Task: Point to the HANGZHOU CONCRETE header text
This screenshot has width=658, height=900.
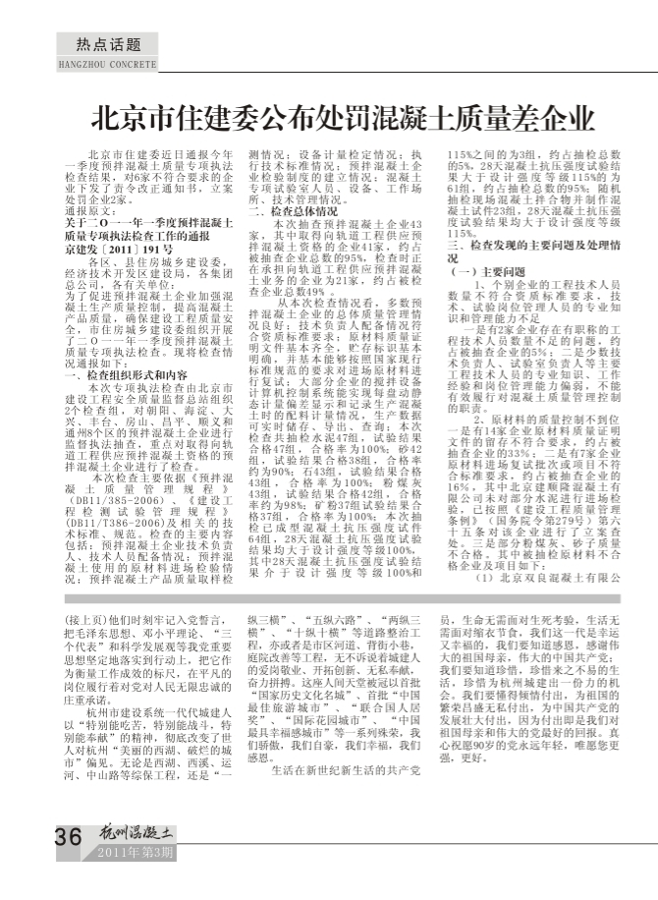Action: (103, 64)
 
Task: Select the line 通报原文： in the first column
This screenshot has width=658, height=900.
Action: (87, 211)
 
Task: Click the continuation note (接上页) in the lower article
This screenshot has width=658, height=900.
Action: (82, 622)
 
